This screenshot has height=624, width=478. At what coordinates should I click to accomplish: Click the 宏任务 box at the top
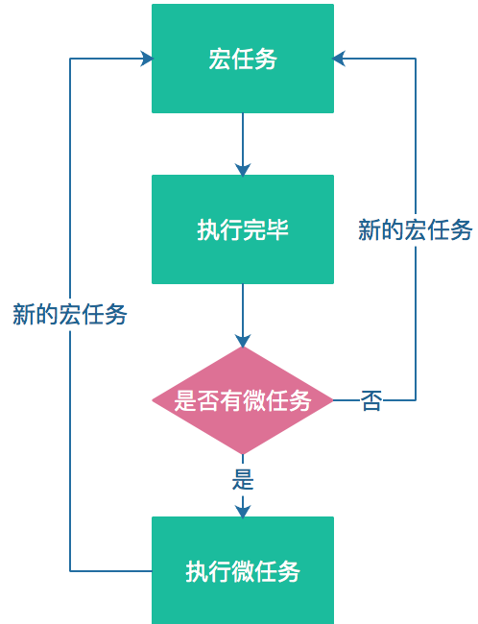pyautogui.click(x=243, y=59)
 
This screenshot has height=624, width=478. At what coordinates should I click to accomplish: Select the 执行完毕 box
pyautogui.click(x=243, y=229)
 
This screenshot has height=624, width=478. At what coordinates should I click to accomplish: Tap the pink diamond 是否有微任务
pyautogui.click(x=243, y=400)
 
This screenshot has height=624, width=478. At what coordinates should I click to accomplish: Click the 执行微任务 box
pyautogui.click(x=243, y=570)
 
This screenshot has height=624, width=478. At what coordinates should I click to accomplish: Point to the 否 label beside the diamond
pyautogui.click(x=371, y=400)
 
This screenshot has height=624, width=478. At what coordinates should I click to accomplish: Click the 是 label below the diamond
pyautogui.click(x=243, y=479)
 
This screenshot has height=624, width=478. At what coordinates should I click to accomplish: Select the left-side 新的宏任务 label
pyautogui.click(x=70, y=314)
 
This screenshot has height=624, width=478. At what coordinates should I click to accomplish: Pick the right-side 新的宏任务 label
pyautogui.click(x=415, y=229)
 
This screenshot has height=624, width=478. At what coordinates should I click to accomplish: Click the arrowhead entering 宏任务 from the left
pyautogui.click(x=147, y=59)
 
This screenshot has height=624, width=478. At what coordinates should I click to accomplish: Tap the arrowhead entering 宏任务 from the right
pyautogui.click(x=339, y=59)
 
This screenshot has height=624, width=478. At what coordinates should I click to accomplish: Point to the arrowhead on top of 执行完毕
pyautogui.click(x=243, y=170)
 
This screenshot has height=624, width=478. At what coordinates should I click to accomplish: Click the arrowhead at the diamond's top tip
pyautogui.click(x=243, y=341)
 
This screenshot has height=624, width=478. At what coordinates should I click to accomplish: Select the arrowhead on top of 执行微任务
pyautogui.click(x=243, y=512)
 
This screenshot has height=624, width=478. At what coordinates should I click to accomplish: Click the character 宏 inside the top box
pyautogui.click(x=220, y=59)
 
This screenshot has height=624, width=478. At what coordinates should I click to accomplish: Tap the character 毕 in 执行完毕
pyautogui.click(x=277, y=229)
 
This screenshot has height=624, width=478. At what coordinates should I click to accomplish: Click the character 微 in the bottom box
pyautogui.click(x=243, y=571)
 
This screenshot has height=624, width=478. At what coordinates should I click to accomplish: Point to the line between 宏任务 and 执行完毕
pyautogui.click(x=243, y=138)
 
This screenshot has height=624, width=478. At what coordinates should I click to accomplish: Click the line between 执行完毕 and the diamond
pyautogui.click(x=243, y=309)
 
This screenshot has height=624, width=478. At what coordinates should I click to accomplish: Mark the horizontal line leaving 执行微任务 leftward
pyautogui.click(x=111, y=571)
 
